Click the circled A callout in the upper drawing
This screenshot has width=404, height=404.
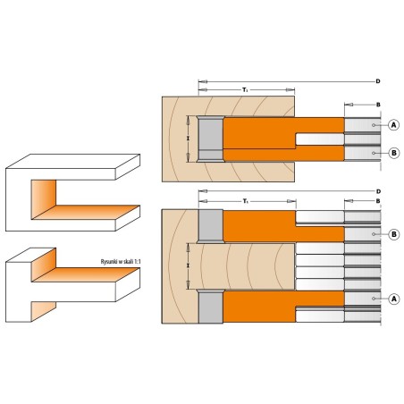click(x=394, y=125)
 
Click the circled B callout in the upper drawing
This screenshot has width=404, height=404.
click(x=394, y=153)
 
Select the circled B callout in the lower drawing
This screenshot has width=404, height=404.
click(x=394, y=234)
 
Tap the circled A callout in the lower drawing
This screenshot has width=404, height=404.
click(x=394, y=299)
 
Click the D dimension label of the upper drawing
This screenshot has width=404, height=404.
click(x=378, y=81)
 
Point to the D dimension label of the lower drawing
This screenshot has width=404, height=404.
click(x=378, y=191)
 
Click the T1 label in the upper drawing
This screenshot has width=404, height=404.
click(x=245, y=89)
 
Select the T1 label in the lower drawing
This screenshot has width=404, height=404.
click(x=246, y=201)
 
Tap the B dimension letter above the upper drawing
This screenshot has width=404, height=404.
click(x=378, y=105)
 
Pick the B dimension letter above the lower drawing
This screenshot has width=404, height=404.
click(x=378, y=201)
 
